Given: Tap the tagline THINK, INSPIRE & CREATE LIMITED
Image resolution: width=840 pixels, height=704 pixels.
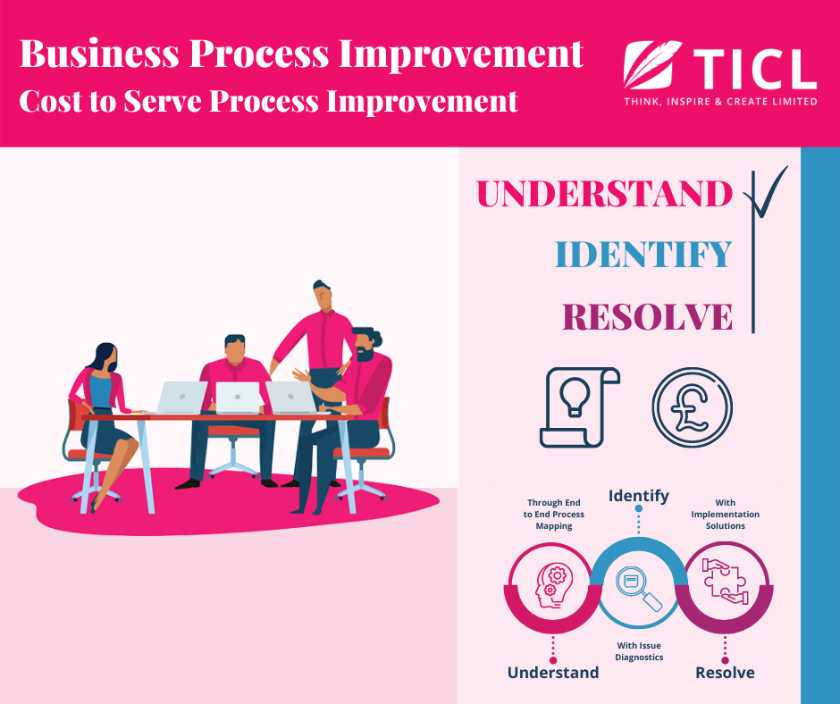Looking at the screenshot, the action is [x=720, y=101].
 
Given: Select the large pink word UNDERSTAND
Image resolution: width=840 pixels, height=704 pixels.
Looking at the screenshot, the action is [x=604, y=193].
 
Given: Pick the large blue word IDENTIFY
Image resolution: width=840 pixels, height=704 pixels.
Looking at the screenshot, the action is [x=643, y=255].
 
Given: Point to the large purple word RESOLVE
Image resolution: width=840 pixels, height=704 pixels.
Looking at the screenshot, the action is [x=647, y=316].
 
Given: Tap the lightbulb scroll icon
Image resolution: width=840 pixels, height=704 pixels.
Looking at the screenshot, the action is [x=580, y=407].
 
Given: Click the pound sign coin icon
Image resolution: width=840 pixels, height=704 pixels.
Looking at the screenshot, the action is [x=693, y=407].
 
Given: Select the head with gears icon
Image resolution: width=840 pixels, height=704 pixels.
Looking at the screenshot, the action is [x=554, y=586].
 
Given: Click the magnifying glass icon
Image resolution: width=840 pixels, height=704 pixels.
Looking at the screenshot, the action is [x=639, y=589].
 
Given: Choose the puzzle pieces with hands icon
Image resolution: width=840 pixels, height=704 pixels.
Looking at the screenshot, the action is [x=725, y=582].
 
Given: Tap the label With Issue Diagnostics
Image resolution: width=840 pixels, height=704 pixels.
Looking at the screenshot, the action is [x=639, y=651].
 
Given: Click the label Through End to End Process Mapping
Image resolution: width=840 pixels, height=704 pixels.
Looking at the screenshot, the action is [x=554, y=515].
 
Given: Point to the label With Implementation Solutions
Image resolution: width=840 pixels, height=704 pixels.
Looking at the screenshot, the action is [x=726, y=515].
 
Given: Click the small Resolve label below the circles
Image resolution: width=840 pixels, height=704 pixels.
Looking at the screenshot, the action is [x=725, y=673].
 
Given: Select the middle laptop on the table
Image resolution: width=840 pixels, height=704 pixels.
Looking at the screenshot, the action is [x=238, y=398].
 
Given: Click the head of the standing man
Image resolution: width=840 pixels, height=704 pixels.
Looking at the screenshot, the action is [x=323, y=295].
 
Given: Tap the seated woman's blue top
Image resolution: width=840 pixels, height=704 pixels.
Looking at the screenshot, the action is [x=100, y=391].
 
